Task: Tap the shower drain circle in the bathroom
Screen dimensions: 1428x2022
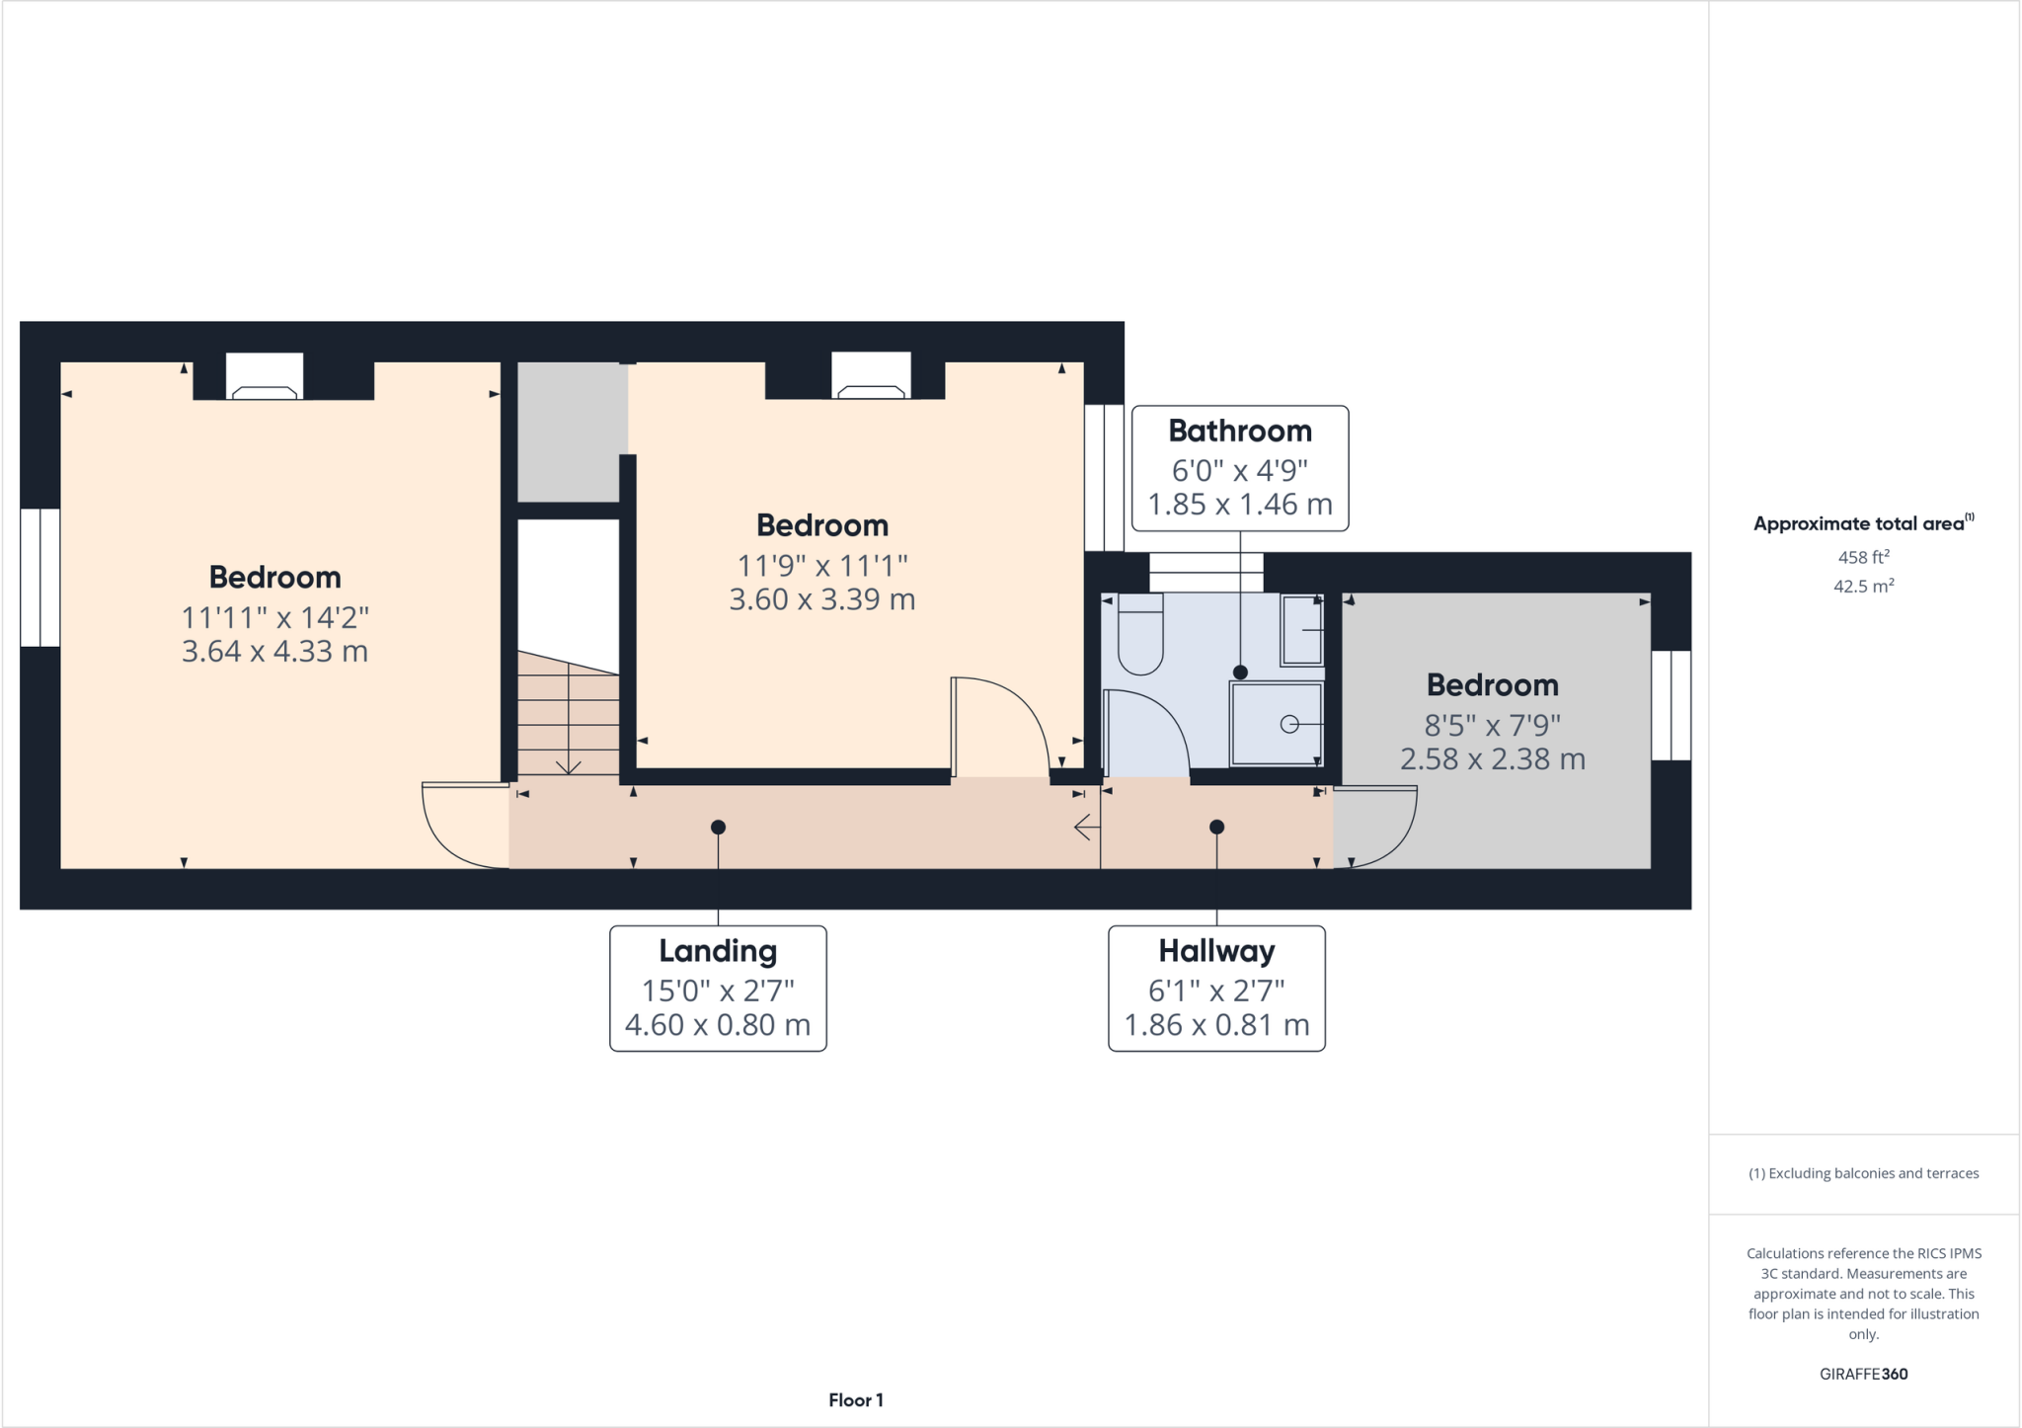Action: tap(1288, 725)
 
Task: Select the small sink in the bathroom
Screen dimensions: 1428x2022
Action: tap(1302, 630)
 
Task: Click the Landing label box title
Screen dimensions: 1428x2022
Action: tap(718, 951)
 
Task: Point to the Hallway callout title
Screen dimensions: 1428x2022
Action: tap(1216, 951)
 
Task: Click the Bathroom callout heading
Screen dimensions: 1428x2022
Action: tap(1240, 432)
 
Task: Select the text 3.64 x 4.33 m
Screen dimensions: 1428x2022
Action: tap(274, 652)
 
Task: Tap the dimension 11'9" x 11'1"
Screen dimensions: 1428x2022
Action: tap(822, 566)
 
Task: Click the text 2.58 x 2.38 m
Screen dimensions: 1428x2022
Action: tap(1493, 759)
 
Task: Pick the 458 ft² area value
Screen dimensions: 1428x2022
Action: tap(1863, 557)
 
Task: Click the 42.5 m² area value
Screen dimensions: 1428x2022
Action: tap(1863, 587)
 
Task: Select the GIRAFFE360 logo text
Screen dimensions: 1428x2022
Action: tap(1863, 1374)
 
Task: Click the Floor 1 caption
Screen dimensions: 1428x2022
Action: tap(856, 1400)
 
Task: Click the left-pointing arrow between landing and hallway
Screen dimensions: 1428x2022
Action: tap(1086, 827)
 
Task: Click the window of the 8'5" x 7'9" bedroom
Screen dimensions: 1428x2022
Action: tap(1671, 705)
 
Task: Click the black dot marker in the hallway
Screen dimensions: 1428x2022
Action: tap(1216, 828)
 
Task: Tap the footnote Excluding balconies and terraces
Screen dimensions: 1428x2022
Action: tap(1863, 1174)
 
